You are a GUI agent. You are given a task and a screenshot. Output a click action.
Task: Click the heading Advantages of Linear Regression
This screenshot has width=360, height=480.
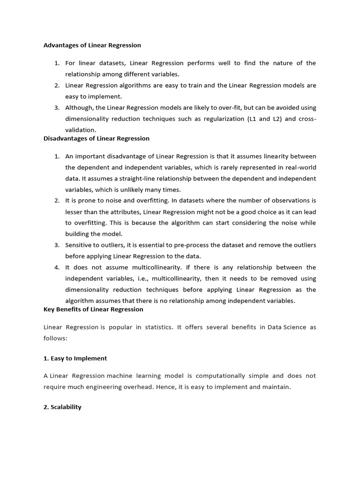point(92,45)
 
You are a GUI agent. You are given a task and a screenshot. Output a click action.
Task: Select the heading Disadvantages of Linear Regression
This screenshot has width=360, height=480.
point(96,138)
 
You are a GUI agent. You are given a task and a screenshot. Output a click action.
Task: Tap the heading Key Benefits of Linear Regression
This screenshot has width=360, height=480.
point(93,309)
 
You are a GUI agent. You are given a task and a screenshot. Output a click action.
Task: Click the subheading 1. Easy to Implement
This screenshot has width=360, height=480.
point(75,358)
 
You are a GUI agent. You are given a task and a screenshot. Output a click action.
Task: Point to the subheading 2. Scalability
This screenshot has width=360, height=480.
point(62,407)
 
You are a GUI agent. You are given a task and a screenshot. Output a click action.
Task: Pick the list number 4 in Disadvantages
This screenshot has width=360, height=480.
point(56,267)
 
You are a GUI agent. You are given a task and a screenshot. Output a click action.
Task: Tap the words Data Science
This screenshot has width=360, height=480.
point(286,327)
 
